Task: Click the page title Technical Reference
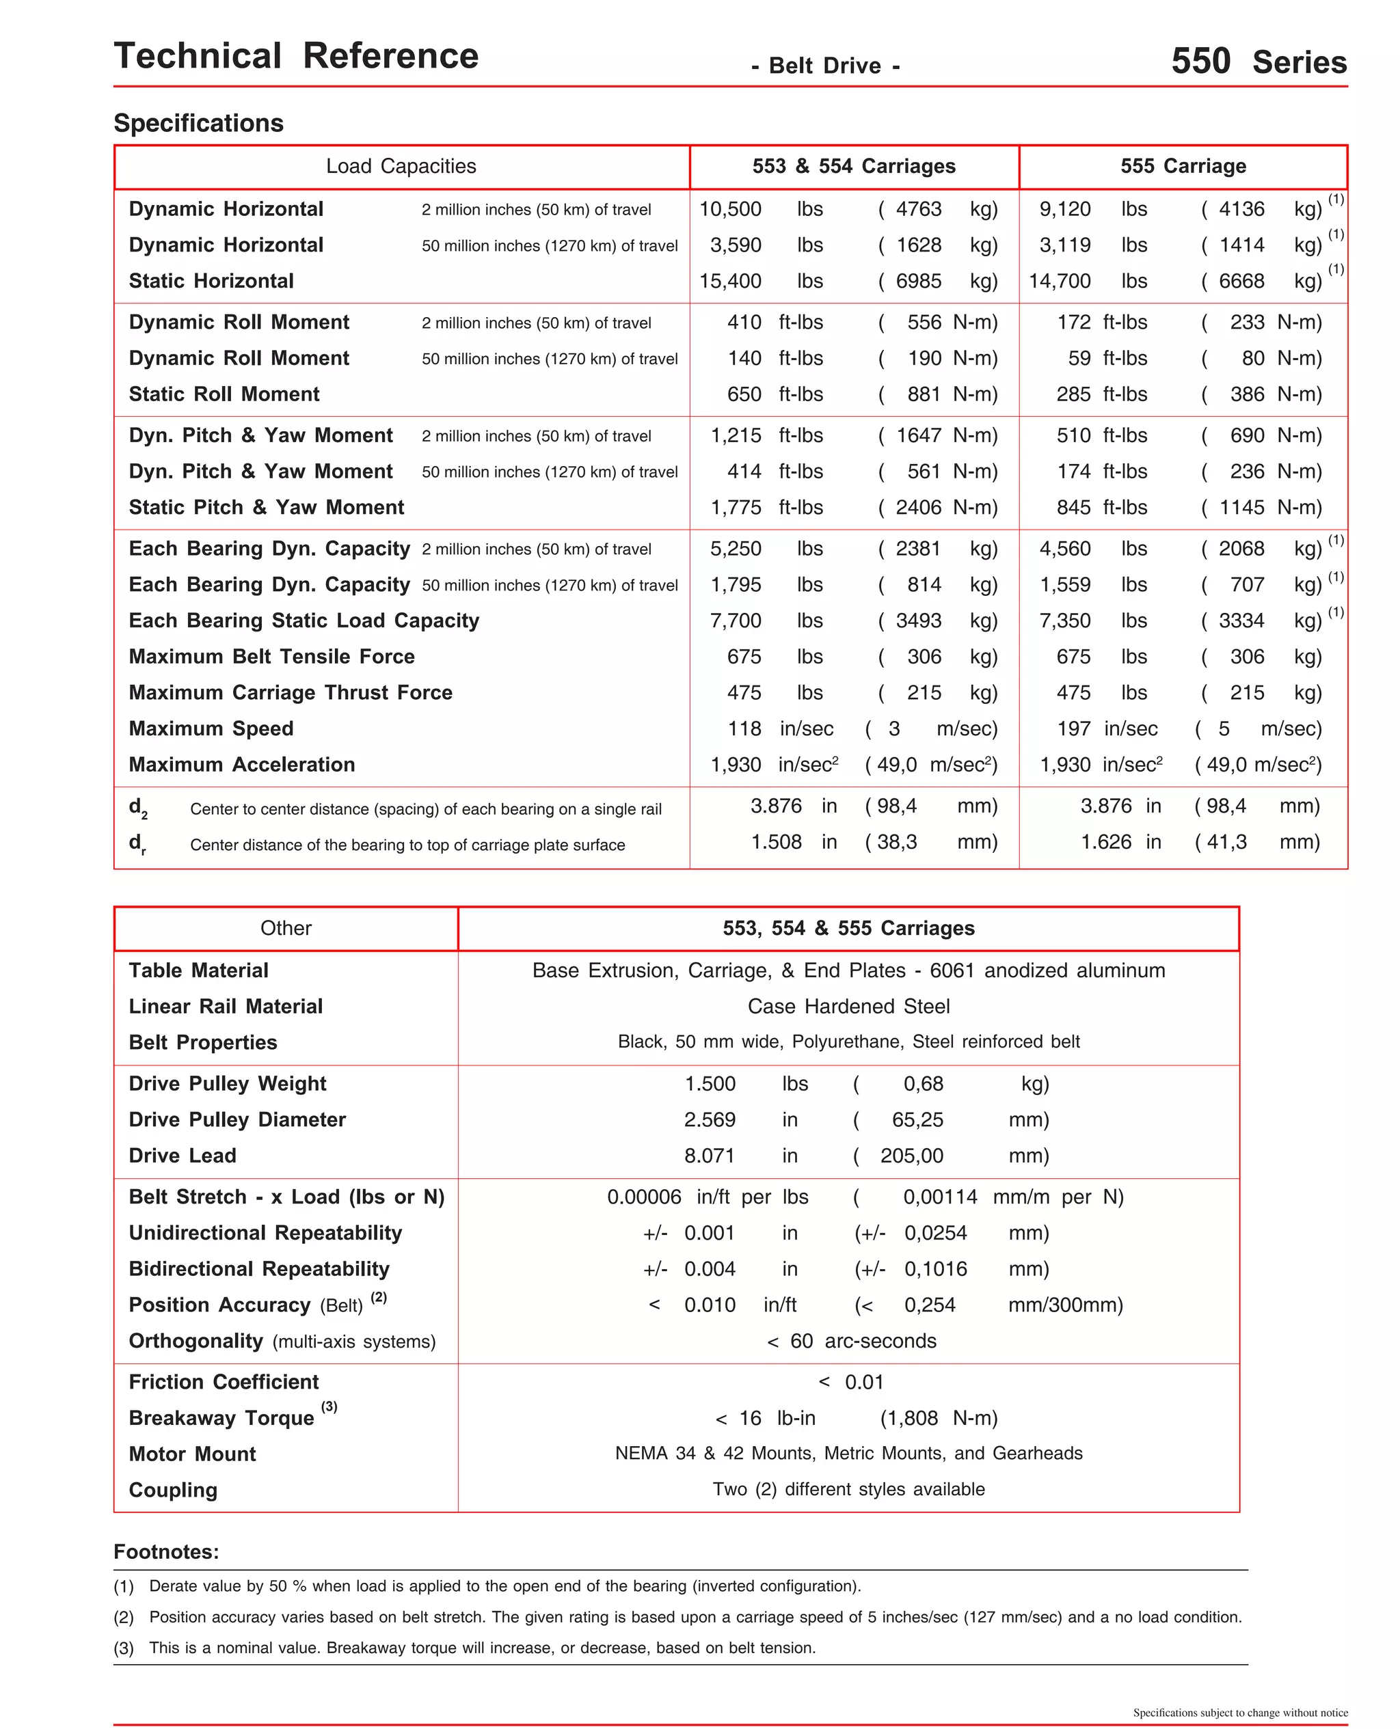tap(296, 57)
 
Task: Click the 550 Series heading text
tap(1258, 62)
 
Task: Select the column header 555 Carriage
tap(1182, 166)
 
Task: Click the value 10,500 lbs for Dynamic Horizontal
tap(730, 210)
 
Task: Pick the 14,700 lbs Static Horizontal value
tap(1059, 282)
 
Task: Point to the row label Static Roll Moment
tap(224, 394)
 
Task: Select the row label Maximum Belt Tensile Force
tap(272, 657)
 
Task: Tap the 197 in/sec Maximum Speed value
tap(1073, 729)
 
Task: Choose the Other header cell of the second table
tap(286, 928)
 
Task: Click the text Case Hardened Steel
tap(848, 1006)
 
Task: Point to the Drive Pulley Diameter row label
tap(237, 1119)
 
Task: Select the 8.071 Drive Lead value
tap(710, 1156)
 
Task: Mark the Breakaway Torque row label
tap(221, 1418)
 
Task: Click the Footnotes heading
tap(166, 1552)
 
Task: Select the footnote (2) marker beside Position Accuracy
tap(378, 1297)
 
